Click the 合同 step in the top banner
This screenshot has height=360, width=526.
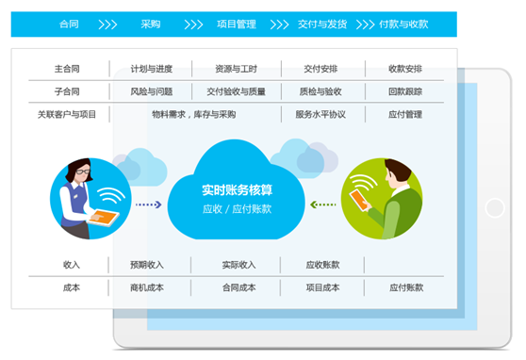(68, 24)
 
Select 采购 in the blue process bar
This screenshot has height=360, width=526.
(150, 24)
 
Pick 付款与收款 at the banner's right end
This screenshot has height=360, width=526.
(405, 24)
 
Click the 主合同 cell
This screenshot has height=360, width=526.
(67, 69)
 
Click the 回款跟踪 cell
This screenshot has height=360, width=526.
(405, 91)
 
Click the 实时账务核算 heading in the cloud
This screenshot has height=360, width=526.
(237, 189)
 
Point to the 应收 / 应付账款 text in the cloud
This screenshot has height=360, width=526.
(237, 208)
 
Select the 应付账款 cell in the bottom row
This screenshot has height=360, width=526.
(405, 287)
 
